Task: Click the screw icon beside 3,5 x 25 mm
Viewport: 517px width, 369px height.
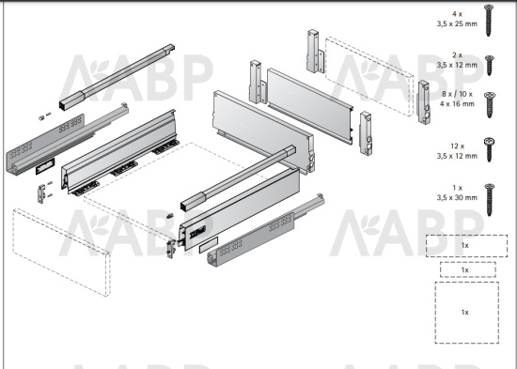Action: [x=488, y=21]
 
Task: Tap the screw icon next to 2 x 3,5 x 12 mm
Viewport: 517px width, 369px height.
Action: [x=490, y=65]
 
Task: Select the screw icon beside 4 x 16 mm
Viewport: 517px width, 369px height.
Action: [x=490, y=105]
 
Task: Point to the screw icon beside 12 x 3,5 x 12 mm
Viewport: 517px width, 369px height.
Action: [x=490, y=149]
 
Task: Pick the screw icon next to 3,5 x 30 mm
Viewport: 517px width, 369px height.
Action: [x=490, y=200]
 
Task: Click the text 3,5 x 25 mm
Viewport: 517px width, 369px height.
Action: [x=457, y=23]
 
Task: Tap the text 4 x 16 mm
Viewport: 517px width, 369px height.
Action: [x=457, y=104]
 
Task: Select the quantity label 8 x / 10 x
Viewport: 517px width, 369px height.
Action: [x=457, y=94]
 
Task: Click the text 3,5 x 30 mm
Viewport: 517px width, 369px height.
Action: [x=457, y=198]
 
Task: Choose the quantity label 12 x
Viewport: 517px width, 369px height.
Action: [x=458, y=146]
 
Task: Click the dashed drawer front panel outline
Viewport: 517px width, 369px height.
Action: [x=61, y=253]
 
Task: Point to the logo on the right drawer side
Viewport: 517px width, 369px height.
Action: [x=197, y=232]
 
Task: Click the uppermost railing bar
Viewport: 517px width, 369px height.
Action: [x=117, y=76]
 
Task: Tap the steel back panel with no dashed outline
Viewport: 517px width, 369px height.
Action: [x=309, y=106]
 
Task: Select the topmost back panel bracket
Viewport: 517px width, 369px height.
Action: [x=315, y=52]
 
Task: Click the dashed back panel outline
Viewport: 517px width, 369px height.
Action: [x=369, y=76]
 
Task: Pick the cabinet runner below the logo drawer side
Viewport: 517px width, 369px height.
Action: [x=265, y=230]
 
